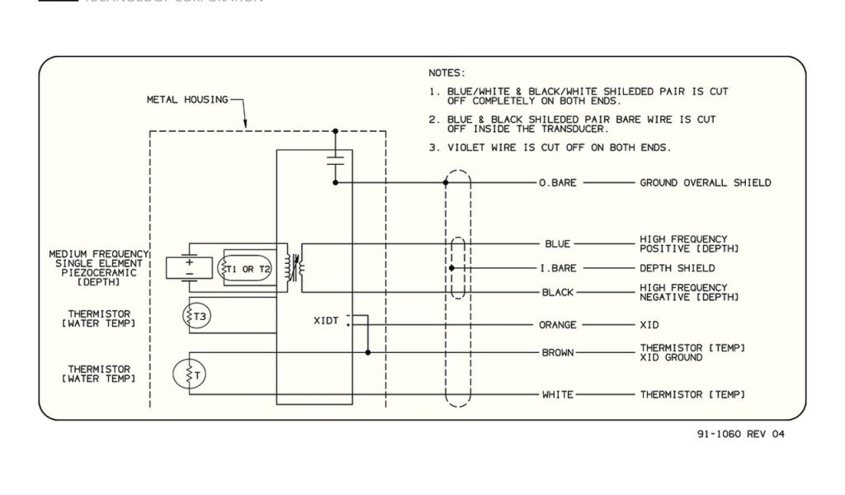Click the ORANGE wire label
point(558,325)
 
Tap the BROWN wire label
point(558,353)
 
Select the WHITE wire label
point(558,395)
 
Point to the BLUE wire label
point(558,244)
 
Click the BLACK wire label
point(558,293)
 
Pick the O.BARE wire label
point(558,183)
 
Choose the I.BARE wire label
point(558,268)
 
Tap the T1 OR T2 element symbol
point(244,269)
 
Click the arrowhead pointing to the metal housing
point(245,125)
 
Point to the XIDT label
point(326,321)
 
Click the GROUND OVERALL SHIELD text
point(705,183)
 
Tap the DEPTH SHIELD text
point(677,268)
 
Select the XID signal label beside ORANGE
point(650,325)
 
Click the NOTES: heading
point(446,73)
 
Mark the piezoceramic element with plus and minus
point(189,267)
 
